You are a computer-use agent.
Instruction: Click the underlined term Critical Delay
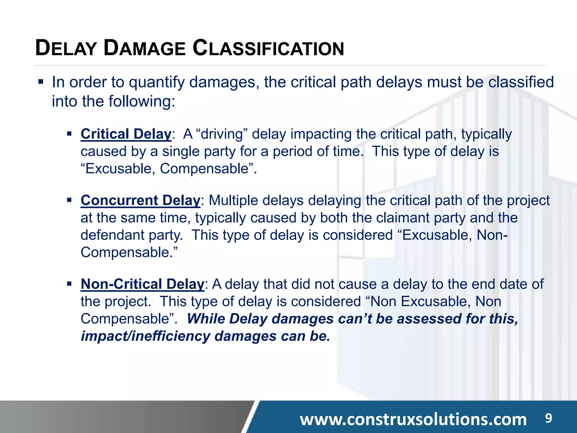pos(126,134)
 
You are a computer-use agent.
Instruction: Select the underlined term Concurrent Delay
pos(140,200)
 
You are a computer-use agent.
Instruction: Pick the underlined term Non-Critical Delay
pos(142,284)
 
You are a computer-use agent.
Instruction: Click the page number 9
pos(548,418)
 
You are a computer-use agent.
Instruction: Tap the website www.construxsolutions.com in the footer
pos(413,419)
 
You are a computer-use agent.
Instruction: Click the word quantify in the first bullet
pos(157,82)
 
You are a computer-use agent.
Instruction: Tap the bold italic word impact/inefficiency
pos(145,336)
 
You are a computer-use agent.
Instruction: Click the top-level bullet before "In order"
pos(41,82)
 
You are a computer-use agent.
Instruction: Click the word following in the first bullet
pos(140,101)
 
